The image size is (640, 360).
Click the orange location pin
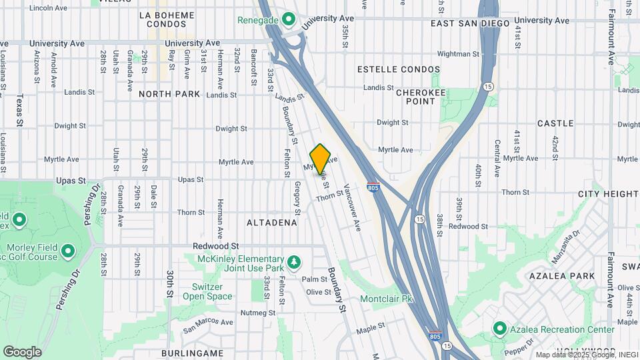[320, 159]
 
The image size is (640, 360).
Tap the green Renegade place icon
[289, 19]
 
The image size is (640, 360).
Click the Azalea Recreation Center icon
[500, 329]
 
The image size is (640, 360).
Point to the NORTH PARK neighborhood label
[169, 94]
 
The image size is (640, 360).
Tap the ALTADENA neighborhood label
[271, 223]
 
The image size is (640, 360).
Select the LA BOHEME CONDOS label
[167, 19]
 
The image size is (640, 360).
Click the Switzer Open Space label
[207, 291]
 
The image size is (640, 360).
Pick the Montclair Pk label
[387, 299]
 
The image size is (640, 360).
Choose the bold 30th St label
[171, 285]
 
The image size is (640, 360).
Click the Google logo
[22, 351]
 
